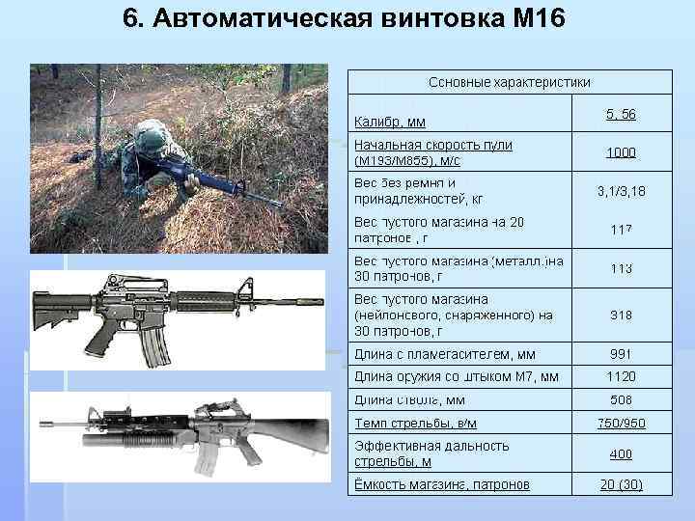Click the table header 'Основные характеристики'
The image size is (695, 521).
pyautogui.click(x=509, y=83)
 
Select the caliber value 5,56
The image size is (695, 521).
pyautogui.click(x=621, y=115)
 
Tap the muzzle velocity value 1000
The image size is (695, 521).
pyautogui.click(x=621, y=152)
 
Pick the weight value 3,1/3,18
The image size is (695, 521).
pyautogui.click(x=621, y=191)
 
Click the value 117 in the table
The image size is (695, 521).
pyautogui.click(x=621, y=230)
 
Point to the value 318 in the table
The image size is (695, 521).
pyautogui.click(x=621, y=315)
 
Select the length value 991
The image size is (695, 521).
pyautogui.click(x=621, y=354)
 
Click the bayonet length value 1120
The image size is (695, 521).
pyautogui.click(x=621, y=377)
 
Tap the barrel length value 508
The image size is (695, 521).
pyautogui.click(x=621, y=399)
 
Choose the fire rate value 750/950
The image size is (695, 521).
pyautogui.click(x=621, y=424)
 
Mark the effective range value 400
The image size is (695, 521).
pyautogui.click(x=621, y=453)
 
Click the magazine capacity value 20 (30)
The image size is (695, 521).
pyautogui.click(x=621, y=484)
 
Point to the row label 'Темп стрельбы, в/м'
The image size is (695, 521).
pyautogui.click(x=416, y=424)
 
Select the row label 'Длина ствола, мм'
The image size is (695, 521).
pyautogui.click(x=410, y=399)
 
